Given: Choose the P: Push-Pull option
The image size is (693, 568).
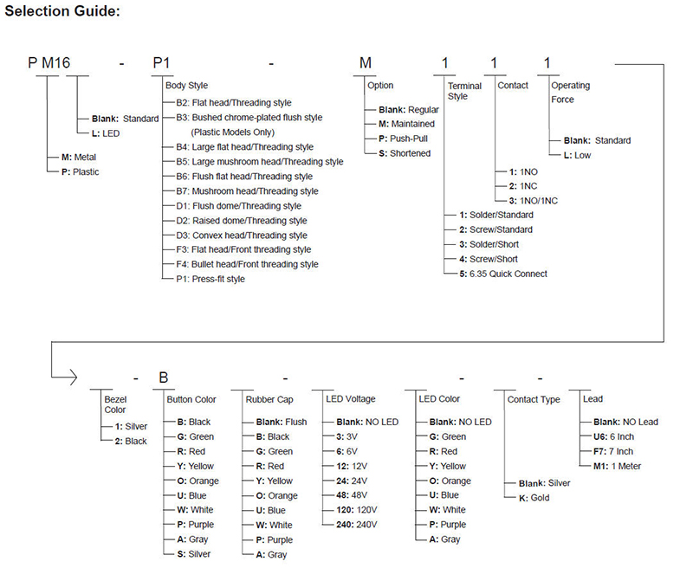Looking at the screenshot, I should (x=405, y=139).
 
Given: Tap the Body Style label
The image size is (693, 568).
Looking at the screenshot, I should (x=186, y=86).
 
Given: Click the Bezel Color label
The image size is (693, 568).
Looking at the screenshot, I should (x=115, y=403).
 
